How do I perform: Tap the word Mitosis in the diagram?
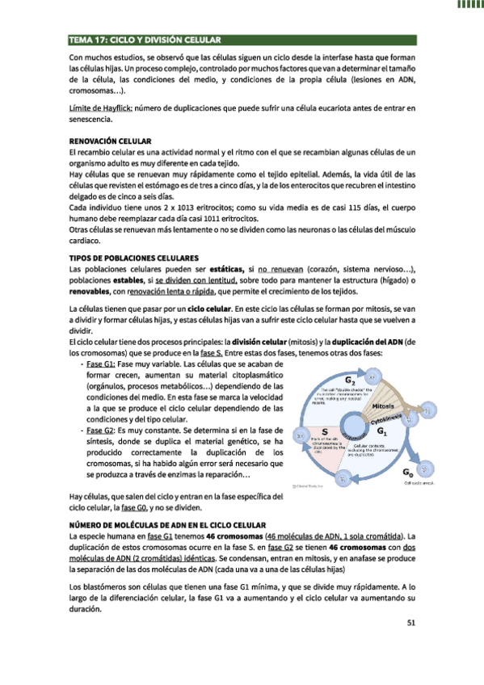[388, 406]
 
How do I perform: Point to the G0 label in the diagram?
[407, 470]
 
